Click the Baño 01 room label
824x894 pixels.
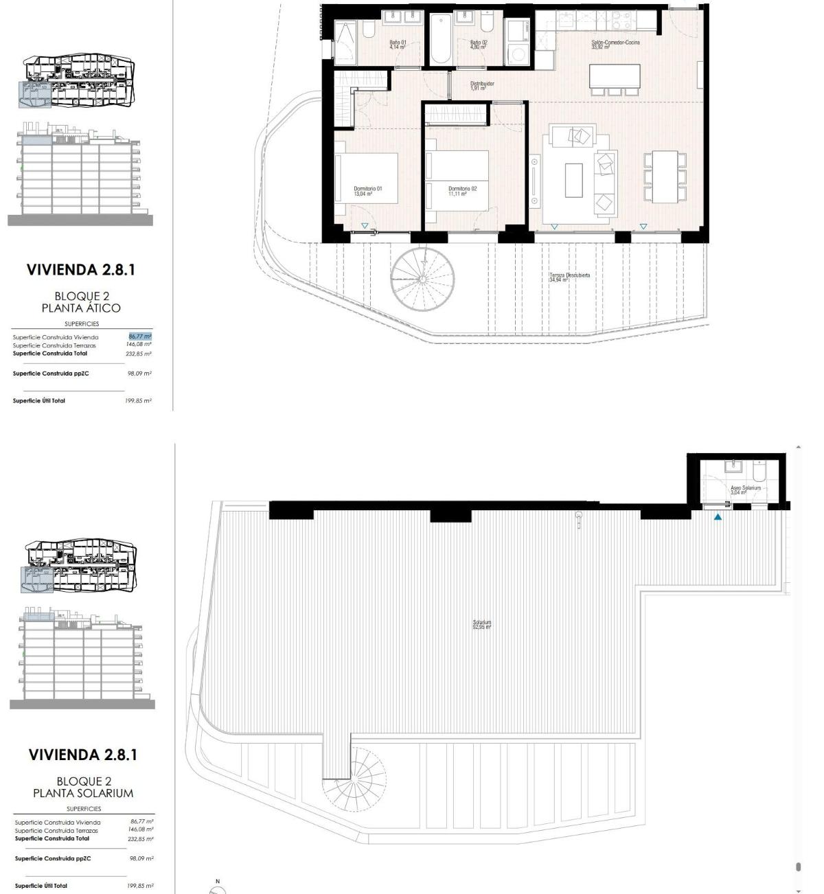pos(398,45)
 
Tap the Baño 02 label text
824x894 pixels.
pos(478,45)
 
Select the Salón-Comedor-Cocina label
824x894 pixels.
pos(615,45)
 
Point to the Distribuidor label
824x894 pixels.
pos(482,86)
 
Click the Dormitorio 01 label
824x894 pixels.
pos(367,191)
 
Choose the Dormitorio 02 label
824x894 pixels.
pos(462,191)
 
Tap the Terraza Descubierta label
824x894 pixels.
pos(569,277)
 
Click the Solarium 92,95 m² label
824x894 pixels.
pos(482,625)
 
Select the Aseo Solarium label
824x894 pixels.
pos(745,490)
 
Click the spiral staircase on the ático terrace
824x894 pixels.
pos(423,279)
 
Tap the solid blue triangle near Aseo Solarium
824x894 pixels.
pos(718,517)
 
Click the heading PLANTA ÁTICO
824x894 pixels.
pos(81,308)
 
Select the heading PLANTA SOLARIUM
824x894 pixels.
pos(83,793)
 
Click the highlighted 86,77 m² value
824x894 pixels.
pos(140,336)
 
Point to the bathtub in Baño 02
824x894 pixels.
pos(440,40)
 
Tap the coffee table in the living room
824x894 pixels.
pos(573,180)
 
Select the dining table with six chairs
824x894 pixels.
pos(664,176)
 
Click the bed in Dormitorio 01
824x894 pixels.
pos(367,177)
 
